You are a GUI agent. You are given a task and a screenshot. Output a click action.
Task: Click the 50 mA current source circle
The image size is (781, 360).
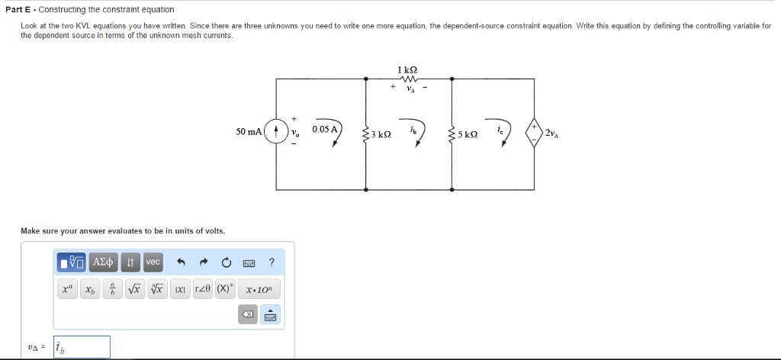click(x=276, y=131)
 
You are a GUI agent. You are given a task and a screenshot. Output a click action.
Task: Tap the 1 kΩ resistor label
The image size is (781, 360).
click(x=407, y=70)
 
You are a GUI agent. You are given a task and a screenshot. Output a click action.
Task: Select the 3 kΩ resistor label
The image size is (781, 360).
click(x=381, y=134)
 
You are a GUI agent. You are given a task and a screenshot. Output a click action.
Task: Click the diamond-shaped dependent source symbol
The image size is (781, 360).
click(x=533, y=132)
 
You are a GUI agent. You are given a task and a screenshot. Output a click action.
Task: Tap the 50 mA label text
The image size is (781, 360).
click(x=249, y=131)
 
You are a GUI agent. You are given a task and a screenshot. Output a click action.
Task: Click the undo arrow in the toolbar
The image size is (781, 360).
click(x=182, y=262)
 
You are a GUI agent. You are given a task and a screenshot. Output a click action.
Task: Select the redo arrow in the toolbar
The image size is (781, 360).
click(x=204, y=262)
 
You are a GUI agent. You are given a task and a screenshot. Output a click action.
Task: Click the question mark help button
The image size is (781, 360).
click(x=272, y=262)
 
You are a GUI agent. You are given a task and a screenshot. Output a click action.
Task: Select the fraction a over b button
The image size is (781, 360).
click(x=113, y=290)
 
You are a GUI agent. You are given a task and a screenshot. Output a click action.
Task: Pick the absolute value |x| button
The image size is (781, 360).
click(x=180, y=290)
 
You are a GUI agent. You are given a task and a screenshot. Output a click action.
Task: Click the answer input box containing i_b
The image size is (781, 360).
click(x=82, y=347)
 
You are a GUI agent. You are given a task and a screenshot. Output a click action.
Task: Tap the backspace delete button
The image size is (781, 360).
click(x=249, y=314)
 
